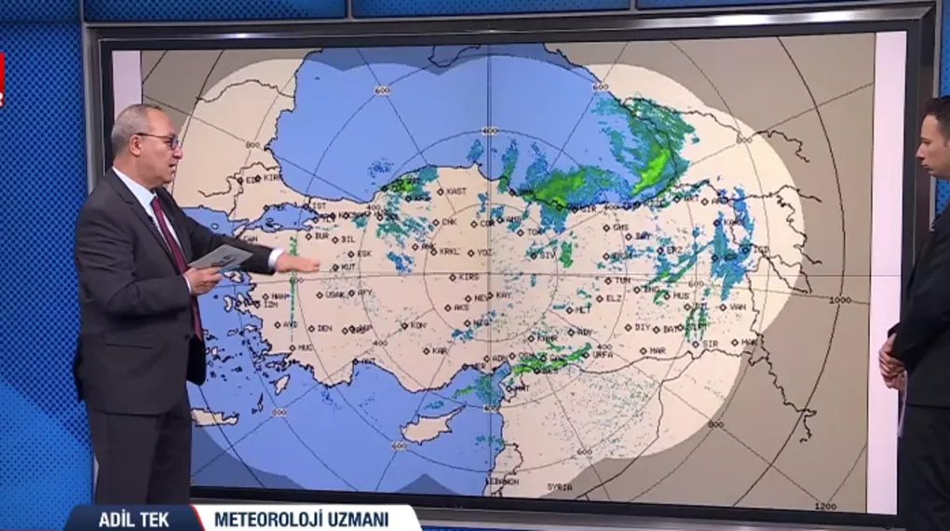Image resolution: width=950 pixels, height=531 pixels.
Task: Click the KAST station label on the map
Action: (456, 191)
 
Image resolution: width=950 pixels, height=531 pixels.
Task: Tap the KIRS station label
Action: (468, 277)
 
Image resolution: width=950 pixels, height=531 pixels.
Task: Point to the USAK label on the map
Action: (334, 294)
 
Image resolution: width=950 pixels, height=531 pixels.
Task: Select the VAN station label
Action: (738, 306)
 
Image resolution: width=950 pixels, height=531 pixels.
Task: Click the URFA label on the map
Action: (603, 354)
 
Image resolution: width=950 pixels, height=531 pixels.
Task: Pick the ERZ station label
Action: (671, 250)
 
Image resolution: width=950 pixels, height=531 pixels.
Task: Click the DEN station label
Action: (324, 328)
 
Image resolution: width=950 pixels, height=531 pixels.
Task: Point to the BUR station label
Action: (321, 237)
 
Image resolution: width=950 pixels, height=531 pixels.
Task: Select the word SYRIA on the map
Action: (560, 487)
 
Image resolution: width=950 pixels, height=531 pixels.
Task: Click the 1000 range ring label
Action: (840, 300)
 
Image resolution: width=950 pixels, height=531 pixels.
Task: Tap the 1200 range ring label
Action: (825, 506)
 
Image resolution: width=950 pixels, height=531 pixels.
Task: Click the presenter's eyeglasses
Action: (160, 139)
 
